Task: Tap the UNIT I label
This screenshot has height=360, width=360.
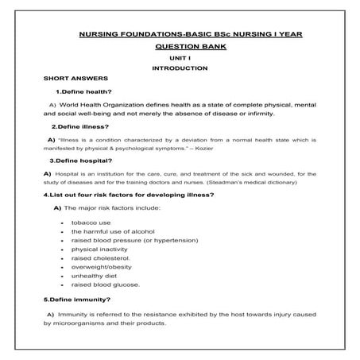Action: tap(180, 57)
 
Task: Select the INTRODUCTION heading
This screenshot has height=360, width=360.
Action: tap(180, 68)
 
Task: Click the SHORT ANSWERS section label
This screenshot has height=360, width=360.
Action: tap(72, 80)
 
